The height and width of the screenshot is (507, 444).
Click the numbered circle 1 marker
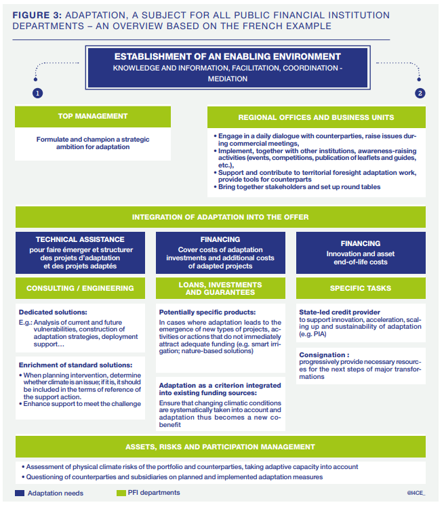(x=37, y=93)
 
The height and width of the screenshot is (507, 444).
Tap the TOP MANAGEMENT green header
(x=92, y=117)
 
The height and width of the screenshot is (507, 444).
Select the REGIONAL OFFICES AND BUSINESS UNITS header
(x=316, y=117)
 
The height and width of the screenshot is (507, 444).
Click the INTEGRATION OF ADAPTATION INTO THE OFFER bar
(x=220, y=217)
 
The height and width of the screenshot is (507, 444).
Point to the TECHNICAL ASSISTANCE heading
(x=80, y=239)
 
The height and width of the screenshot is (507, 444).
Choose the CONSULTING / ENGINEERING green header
(x=80, y=288)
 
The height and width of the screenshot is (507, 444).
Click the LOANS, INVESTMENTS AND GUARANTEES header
(x=220, y=288)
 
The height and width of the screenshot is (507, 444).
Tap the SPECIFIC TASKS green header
(x=360, y=288)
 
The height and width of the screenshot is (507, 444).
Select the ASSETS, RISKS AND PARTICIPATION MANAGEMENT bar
(x=220, y=447)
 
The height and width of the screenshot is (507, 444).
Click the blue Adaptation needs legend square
(x=20, y=493)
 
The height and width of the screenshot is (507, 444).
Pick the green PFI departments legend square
(x=122, y=493)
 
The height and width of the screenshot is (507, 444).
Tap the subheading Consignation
(x=324, y=354)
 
